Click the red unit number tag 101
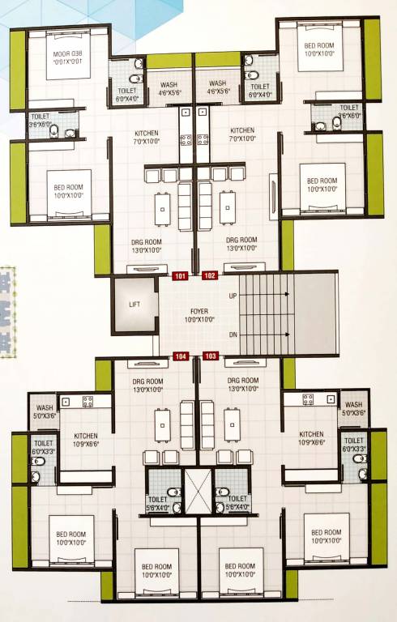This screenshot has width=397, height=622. coord(180,276)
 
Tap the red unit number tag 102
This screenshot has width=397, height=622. coord(210,276)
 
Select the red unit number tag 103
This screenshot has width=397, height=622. coord(211,356)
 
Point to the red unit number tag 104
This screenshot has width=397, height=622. coord(180,356)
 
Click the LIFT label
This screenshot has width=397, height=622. coord(134,305)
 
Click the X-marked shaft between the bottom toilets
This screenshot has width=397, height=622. coord(197,490)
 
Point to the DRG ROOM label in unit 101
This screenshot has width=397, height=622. coord(149,245)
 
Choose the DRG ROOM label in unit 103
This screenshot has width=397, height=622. coord(242,384)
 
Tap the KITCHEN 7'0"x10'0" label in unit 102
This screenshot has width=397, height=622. coord(242,134)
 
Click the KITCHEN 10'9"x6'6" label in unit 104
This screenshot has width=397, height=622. coord(79,438)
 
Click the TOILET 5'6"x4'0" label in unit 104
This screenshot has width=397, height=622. coord(158,503)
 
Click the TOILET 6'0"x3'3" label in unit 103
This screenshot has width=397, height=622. coord(354,446)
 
